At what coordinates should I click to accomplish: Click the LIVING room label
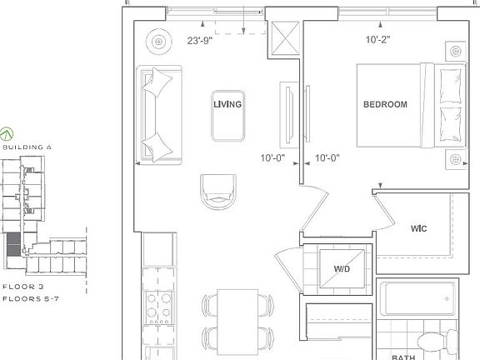pos(227,105)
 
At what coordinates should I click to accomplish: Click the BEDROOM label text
pos(385,105)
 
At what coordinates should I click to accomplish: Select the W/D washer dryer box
pos(342,268)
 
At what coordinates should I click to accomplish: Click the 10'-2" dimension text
pos(377,38)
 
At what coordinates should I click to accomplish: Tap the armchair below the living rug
pos(217,192)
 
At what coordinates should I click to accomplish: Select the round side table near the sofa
pos(157,40)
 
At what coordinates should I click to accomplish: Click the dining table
pos(237,321)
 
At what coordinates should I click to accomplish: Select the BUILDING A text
pos(27,147)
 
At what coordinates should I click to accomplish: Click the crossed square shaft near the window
pos(283,37)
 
